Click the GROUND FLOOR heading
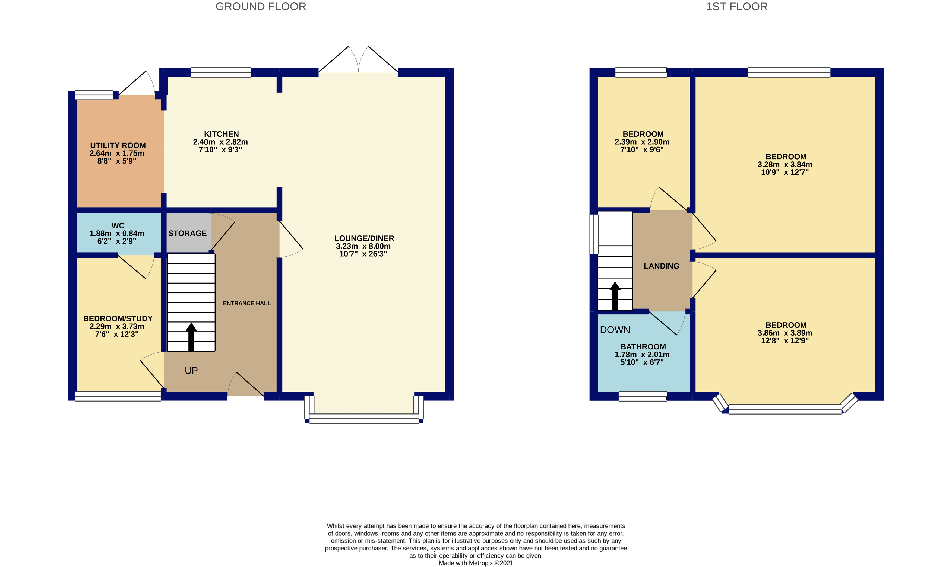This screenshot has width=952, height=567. pos(261,7)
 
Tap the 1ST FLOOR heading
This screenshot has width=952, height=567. pos(736,7)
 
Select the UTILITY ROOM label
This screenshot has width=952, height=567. pos(118,146)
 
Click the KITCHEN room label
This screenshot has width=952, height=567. pos(221,134)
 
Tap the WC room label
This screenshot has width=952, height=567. pos(118,225)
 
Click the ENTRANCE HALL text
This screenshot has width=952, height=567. pos(246,303)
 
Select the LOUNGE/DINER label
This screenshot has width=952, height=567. pos(364,238)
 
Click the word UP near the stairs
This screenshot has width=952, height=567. pos(191,371)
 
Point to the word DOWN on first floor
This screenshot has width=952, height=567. pos(615,330)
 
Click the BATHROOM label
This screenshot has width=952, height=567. pos(643,347)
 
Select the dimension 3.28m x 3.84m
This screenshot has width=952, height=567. pos(785,165)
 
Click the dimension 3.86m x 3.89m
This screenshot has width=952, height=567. pos(785,333)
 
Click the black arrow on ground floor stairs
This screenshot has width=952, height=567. pos(191,337)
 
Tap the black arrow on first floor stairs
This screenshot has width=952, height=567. pos(615,296)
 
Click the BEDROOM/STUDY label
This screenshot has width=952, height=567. pos(118,319)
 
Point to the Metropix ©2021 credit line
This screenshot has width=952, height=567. pos(476,563)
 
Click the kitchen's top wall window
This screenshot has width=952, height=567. pos(221,72)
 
